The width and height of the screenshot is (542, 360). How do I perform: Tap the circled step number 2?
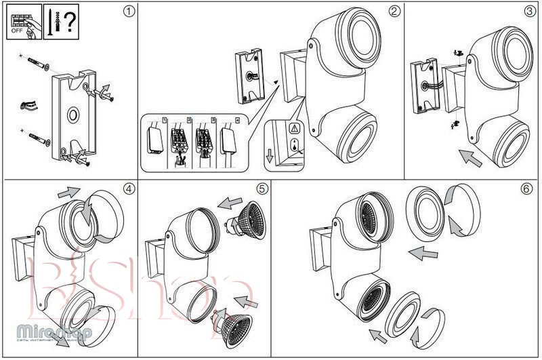coord(394,12)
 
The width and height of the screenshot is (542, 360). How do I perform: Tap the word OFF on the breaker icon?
coord(17,31)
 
